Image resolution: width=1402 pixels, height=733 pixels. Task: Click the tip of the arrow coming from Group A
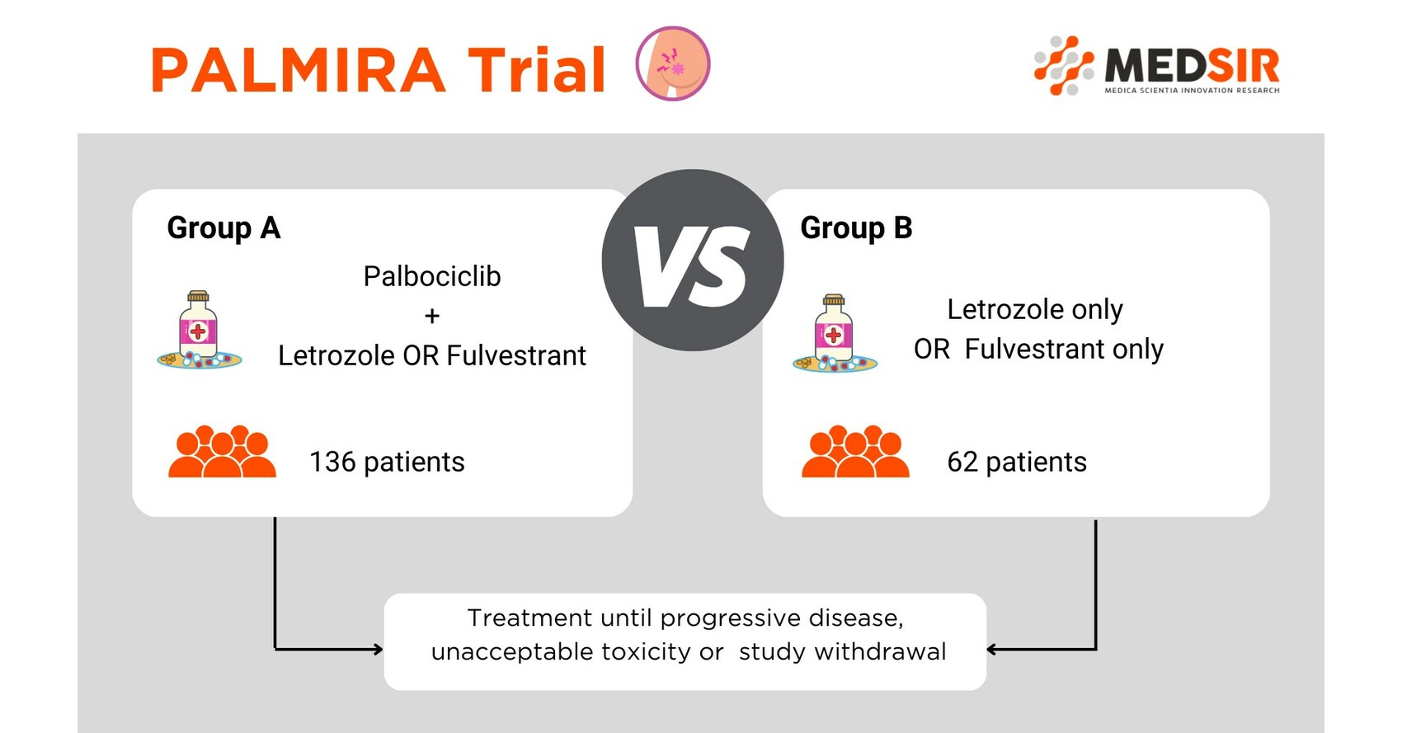383,649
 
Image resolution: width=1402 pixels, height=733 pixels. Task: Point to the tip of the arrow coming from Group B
987,649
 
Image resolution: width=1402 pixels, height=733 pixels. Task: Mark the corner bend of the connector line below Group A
275,649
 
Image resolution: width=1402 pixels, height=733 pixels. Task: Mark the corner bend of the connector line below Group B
1096,649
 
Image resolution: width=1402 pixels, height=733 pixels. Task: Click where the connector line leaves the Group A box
275,517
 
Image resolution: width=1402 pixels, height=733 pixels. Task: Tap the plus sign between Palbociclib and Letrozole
432,316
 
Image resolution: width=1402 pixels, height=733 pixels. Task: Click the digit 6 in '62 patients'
955,462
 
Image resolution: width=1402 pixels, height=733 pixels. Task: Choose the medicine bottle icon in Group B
835,333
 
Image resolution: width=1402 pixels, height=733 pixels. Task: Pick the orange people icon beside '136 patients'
222,451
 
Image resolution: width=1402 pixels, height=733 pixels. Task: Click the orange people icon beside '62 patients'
855,451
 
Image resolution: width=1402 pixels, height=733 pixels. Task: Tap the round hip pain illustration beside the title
673,63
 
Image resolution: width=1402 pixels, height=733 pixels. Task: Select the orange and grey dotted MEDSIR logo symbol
1064,66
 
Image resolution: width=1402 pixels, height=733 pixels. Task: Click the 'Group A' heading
223,228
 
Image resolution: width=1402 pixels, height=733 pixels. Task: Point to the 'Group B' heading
856,228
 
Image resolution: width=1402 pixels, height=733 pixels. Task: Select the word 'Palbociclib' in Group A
432,276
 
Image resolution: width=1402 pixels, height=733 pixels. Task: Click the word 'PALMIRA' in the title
298,69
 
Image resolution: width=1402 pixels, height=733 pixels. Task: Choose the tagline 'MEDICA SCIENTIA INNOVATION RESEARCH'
1192,90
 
